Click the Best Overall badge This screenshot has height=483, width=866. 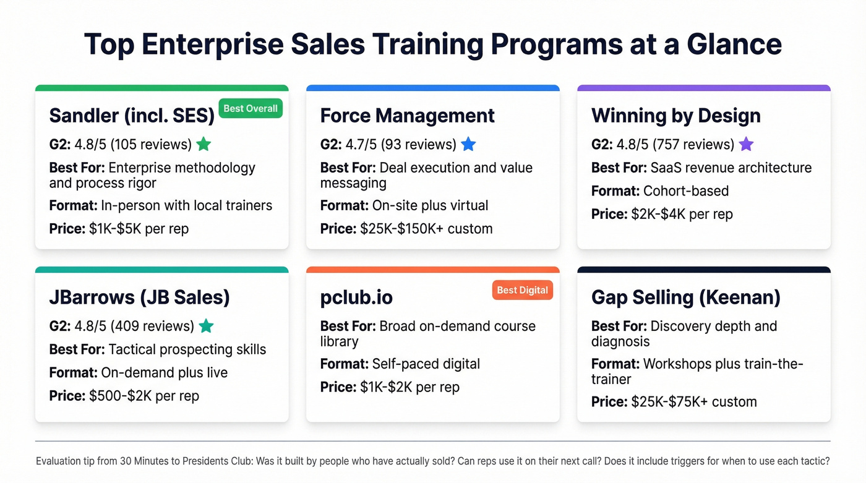click(x=251, y=109)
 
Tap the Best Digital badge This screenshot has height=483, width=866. click(x=522, y=290)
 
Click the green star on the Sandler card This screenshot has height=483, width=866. click(x=204, y=145)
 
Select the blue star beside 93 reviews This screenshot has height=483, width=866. click(x=468, y=145)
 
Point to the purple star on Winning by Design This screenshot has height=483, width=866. click(x=747, y=145)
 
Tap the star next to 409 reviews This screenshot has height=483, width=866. click(x=207, y=326)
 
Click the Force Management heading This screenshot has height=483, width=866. click(x=407, y=116)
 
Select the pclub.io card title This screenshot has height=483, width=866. click(x=356, y=297)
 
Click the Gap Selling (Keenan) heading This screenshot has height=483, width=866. click(x=685, y=297)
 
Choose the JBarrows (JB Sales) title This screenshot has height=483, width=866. click(x=139, y=297)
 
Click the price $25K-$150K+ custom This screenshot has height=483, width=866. click(x=426, y=229)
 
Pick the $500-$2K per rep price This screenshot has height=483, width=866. click(x=144, y=396)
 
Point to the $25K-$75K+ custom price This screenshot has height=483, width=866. click(x=693, y=402)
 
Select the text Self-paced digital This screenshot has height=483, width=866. click(x=426, y=364)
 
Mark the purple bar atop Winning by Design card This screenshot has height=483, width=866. click(x=703, y=88)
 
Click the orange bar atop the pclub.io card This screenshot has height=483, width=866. click(x=432, y=270)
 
